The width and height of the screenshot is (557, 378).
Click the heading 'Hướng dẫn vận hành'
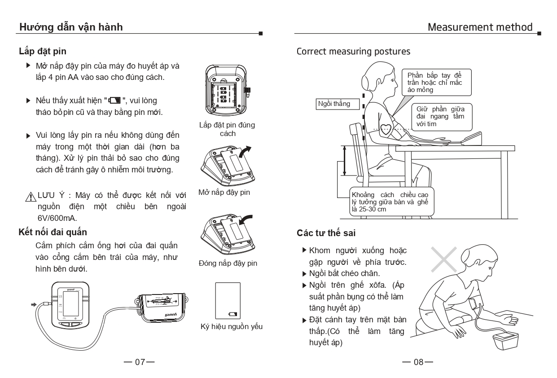click(71, 27)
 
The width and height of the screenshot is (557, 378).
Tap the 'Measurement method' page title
click(480, 27)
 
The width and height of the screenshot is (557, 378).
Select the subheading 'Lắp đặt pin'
click(43, 51)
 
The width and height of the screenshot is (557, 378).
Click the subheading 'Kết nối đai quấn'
click(53, 232)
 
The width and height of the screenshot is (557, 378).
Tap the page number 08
click(417, 362)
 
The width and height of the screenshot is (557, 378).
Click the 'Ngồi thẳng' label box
click(333, 104)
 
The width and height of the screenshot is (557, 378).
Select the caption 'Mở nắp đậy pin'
click(224, 193)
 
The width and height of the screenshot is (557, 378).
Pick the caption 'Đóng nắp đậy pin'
click(228, 263)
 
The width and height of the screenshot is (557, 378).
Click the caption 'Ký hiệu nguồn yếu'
click(231, 326)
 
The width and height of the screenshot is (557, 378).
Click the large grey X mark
click(443, 259)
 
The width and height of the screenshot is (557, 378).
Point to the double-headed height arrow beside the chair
click(344, 160)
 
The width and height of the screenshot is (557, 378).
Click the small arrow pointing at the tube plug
click(34, 304)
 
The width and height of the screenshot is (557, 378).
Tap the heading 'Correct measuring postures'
click(353, 51)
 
